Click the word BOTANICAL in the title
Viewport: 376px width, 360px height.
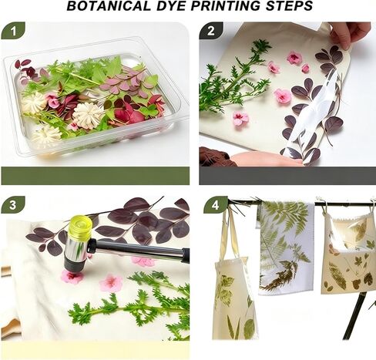pos(109,6)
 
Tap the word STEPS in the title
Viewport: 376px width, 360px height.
pos(289,6)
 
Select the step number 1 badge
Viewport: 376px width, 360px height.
pos(13,31)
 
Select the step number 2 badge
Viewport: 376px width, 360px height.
pos(211,31)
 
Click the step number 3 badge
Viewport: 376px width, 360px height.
pos(13,205)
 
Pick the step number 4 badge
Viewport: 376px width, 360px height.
pos(215,205)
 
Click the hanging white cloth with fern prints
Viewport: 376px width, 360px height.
pos(286,247)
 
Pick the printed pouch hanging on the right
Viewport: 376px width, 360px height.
pos(347,254)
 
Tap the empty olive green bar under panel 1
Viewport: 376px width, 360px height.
pos(96,176)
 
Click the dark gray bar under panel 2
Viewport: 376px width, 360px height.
pos(287,176)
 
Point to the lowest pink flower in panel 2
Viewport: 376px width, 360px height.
pos(241,119)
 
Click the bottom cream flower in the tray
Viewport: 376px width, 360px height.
pos(46,136)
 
